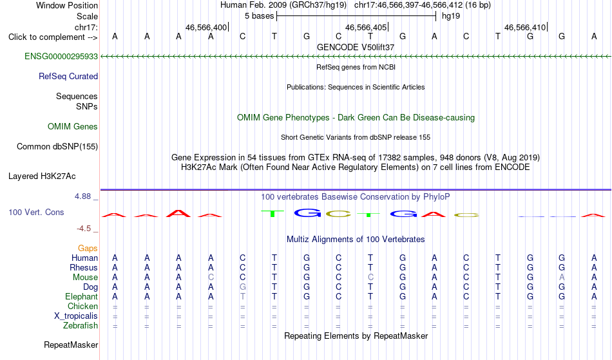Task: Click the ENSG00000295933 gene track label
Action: click(61, 56)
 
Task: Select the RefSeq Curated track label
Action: click(68, 76)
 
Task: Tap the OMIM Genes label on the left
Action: click(73, 126)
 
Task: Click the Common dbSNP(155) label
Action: click(57, 146)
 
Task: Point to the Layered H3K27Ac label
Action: click(42, 176)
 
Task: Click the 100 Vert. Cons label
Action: click(36, 212)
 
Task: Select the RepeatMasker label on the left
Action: click(71, 345)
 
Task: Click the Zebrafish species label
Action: click(81, 325)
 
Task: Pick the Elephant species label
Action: click(81, 296)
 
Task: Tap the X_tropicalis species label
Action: click(76, 316)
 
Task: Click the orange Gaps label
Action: click(88, 248)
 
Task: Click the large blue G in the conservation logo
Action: click(307, 213)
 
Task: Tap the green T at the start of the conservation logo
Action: click(273, 214)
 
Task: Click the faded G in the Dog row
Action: click(242, 287)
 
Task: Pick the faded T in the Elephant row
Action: click(242, 296)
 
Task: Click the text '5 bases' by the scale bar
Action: click(259, 16)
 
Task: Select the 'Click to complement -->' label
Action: click(53, 37)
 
